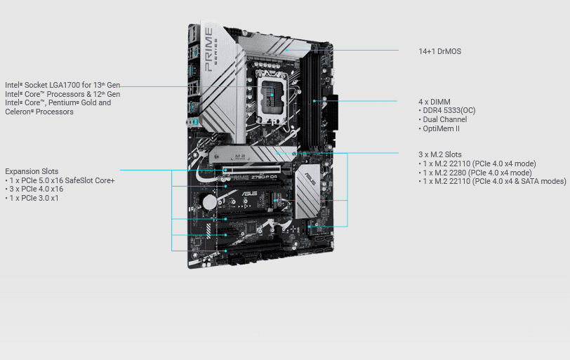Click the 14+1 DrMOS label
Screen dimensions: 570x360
[x=439, y=51]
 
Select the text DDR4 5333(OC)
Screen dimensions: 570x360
[x=449, y=110]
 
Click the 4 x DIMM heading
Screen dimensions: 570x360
[x=435, y=102]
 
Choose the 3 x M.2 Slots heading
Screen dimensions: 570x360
[x=440, y=154]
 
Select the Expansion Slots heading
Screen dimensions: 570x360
[x=32, y=171]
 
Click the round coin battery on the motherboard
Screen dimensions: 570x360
[x=209, y=202]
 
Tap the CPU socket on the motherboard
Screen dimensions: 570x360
[x=272, y=100]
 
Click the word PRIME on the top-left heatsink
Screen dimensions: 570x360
[x=208, y=50]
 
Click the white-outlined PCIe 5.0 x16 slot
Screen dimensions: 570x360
[x=252, y=169]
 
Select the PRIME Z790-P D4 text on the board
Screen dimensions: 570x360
[x=253, y=178]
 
